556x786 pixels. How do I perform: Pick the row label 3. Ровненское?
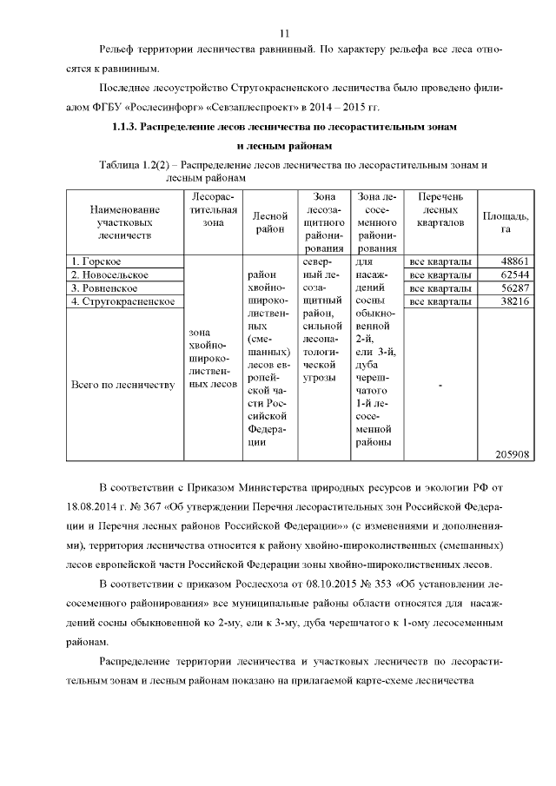click(106, 287)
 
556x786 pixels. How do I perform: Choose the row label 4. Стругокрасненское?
click(124, 301)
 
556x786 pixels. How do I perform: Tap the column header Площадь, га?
click(506, 222)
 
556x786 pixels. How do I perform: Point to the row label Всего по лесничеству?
click(123, 385)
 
